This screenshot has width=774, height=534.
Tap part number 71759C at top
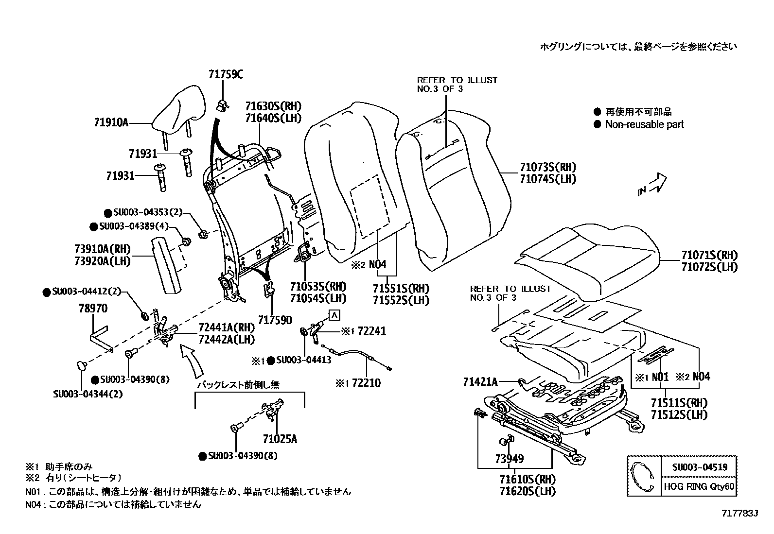coord(226,74)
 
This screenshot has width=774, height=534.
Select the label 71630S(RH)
coord(273,106)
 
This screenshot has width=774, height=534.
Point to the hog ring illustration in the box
coord(643,476)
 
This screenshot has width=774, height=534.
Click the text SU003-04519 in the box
coord(700,467)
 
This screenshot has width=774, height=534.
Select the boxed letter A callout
coord(334,315)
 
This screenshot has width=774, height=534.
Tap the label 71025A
coord(280,439)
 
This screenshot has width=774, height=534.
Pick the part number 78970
coord(93,309)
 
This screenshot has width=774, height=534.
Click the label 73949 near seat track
coord(509,458)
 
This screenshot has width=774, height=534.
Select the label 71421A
coord(480,382)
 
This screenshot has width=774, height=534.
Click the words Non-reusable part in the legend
coord(644,124)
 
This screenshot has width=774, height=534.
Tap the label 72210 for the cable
coord(366,383)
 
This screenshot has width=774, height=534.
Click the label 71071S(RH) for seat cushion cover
coord(709,255)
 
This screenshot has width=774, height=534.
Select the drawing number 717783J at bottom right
coord(739,513)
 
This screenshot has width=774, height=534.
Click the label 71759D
coord(275,320)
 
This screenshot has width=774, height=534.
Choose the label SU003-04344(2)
coord(88,394)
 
